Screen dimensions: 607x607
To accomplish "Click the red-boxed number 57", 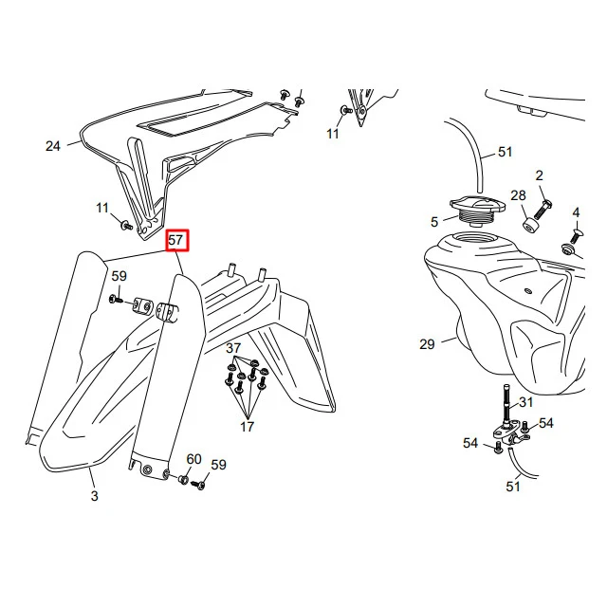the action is tap(177, 240).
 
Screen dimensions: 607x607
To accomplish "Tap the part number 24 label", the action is tap(53, 146).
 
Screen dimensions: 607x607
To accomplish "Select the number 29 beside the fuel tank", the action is tap(427, 344).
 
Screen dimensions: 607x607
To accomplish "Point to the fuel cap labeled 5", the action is tap(477, 211).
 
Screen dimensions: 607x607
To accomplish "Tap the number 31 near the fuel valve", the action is tap(526, 402).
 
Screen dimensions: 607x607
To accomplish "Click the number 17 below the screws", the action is tap(247, 427).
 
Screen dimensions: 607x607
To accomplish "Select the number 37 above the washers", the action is tap(233, 348).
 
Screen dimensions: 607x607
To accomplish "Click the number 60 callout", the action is tap(193, 459).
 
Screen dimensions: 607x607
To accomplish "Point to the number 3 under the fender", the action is tap(95, 496).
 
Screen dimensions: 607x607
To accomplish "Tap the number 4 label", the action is tap(576, 212).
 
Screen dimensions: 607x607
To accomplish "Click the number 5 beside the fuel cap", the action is tap(434, 222).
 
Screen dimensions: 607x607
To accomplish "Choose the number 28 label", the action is tap(519, 195).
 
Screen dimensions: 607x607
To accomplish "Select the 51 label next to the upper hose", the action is tap(505, 152).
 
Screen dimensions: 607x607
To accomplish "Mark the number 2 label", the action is tap(540, 176).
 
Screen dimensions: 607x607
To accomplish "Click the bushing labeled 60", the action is tap(183, 481).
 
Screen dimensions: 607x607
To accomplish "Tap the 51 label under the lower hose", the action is tap(513, 487).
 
